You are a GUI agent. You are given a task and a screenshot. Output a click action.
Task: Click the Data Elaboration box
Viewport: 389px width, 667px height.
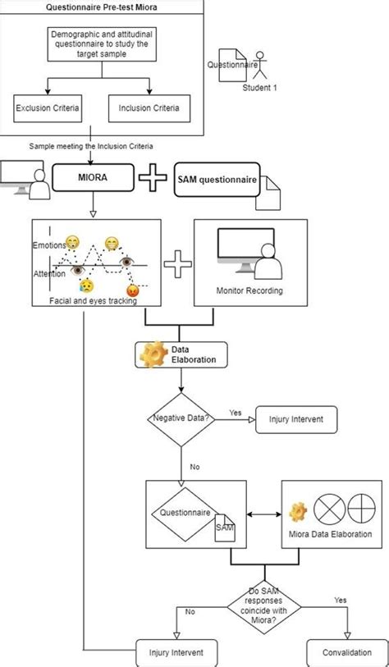click(181, 354)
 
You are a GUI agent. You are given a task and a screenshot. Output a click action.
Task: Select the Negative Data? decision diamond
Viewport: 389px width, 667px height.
click(181, 419)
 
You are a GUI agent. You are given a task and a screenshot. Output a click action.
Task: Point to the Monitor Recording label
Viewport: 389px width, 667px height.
click(249, 290)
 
